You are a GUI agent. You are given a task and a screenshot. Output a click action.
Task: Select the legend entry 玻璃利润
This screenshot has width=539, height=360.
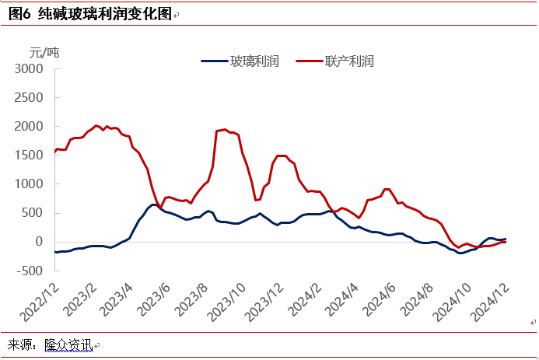tap(254, 61)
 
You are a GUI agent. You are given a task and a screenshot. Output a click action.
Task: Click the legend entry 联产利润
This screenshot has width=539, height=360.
tap(349, 61)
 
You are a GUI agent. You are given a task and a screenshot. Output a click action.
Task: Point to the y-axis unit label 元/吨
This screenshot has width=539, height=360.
tap(44, 52)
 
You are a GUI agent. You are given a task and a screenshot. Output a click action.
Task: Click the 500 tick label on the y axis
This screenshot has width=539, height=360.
tap(33, 213)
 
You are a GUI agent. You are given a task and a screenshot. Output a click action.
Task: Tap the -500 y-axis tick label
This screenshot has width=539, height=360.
tap(30, 271)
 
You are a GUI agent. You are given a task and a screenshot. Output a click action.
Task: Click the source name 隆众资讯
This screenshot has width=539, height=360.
tap(68, 344)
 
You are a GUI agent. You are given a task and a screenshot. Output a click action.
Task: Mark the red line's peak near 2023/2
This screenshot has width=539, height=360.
tap(96, 125)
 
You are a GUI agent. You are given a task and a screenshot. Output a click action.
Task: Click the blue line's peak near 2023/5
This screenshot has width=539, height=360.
tap(153, 204)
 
